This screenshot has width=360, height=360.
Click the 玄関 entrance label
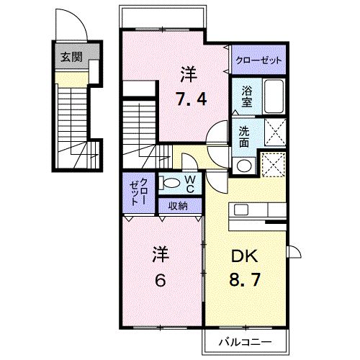70,57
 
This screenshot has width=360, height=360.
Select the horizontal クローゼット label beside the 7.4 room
258,60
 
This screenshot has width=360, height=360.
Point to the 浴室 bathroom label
246,97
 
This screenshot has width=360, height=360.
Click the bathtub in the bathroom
274,96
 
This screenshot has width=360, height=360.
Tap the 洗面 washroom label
244,137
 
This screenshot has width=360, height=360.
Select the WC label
190,184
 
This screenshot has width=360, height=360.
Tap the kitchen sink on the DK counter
241,210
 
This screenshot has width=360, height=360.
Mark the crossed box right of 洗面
274,134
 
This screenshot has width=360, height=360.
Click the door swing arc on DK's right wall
294,252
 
